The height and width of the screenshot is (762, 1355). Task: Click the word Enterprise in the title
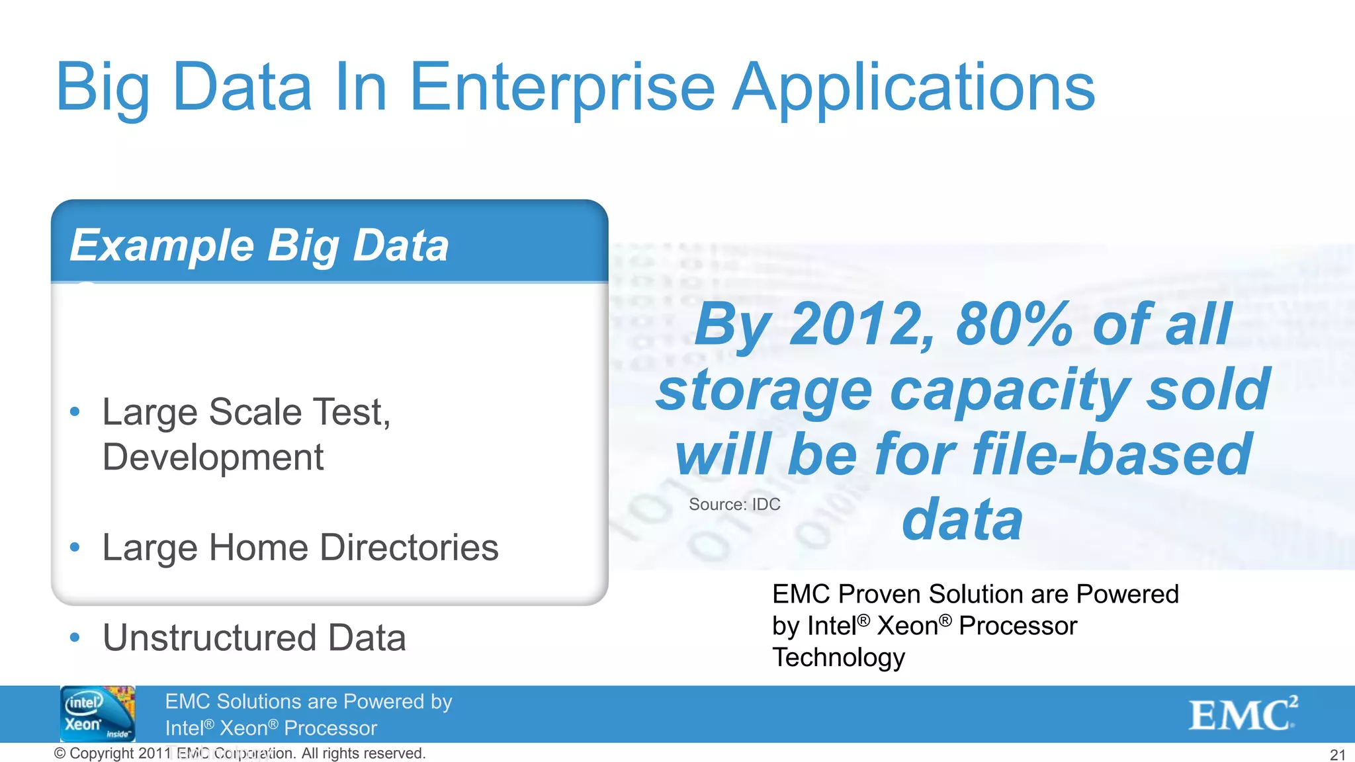click(562, 88)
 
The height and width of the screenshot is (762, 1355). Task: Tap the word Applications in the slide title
click(914, 88)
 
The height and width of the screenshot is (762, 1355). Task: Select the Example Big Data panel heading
click(259, 245)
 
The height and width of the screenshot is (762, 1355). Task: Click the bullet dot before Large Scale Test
click(75, 412)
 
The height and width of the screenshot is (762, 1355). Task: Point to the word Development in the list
click(213, 457)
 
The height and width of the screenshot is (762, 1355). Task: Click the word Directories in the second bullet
click(409, 548)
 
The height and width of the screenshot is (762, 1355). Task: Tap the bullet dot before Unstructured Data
click(75, 638)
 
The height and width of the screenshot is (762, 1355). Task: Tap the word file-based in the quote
click(1112, 454)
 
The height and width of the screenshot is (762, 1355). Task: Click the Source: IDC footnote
click(734, 505)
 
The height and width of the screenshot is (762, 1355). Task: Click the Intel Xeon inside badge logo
click(98, 714)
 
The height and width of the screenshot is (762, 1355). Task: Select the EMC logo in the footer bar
click(1243, 714)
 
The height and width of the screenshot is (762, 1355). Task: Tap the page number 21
click(1337, 755)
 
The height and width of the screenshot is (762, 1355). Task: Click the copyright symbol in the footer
click(60, 753)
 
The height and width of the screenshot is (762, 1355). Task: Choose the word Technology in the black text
click(838, 657)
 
